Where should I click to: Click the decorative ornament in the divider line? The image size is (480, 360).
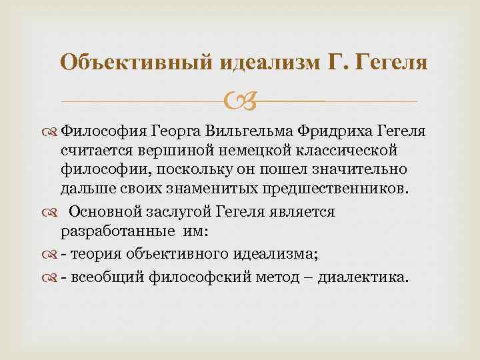[240, 102]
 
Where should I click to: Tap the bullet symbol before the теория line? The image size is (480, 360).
[52, 253]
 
